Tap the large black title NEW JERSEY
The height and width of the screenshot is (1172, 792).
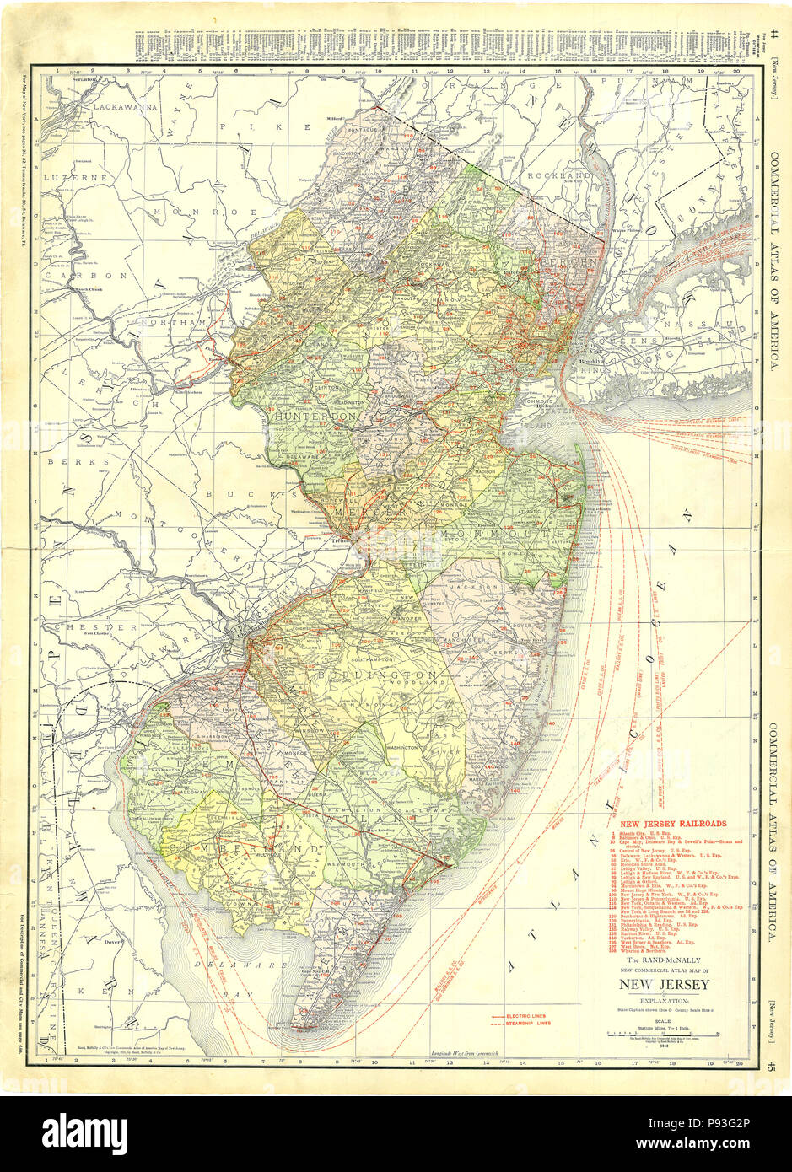click(x=665, y=985)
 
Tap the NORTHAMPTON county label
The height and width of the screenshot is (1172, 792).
click(x=192, y=323)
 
